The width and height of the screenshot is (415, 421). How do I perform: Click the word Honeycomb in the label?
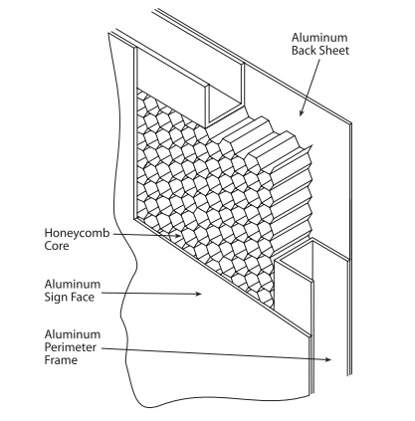[x=77, y=234]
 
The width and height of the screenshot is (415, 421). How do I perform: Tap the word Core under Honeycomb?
[x=57, y=246]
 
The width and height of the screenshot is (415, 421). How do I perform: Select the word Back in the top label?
[x=305, y=51]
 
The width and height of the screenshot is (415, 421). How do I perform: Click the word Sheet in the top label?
[x=334, y=51]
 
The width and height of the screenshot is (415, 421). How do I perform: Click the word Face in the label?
[x=82, y=297]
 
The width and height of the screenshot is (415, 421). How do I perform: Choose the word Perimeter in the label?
[x=71, y=347]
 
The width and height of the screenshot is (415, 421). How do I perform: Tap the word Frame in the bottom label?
[x=61, y=360]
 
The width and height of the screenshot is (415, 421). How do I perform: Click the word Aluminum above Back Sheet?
[x=319, y=38]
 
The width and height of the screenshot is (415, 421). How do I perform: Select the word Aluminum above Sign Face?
[x=73, y=285]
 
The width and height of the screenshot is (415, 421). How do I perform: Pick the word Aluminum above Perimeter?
[x=73, y=334]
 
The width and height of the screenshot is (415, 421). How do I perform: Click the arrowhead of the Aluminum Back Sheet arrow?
[x=302, y=112]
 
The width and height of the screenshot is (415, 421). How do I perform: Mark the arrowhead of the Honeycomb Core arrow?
[x=178, y=236]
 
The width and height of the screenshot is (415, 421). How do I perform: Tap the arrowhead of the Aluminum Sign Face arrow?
[x=198, y=294]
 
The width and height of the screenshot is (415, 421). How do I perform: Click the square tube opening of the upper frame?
[x=225, y=105]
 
